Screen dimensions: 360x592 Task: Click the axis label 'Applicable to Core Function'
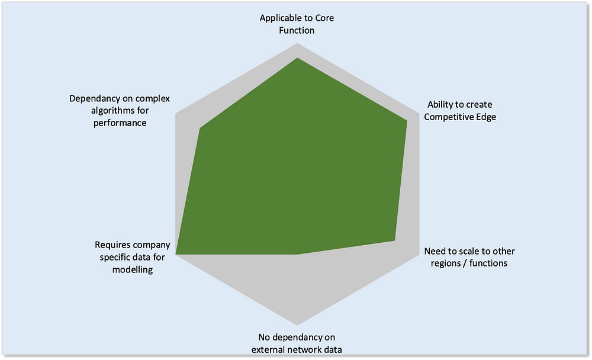[x=297, y=24]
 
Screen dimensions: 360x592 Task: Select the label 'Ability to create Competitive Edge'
[x=462, y=111]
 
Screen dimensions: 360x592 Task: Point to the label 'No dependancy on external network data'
[x=297, y=343]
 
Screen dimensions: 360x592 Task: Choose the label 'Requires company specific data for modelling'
[x=133, y=257]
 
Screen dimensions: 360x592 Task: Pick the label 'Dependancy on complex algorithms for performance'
[x=120, y=111]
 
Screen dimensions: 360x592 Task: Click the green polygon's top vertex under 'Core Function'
[x=297, y=58]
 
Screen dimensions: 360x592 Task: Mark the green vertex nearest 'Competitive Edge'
[x=407, y=121]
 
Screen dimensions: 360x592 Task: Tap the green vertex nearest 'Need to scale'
[x=395, y=240]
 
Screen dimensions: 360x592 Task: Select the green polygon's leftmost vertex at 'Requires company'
[x=176, y=255]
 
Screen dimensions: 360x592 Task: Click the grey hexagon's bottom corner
[x=297, y=325]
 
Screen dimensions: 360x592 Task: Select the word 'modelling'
[x=133, y=269]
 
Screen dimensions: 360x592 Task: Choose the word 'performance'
[x=120, y=123]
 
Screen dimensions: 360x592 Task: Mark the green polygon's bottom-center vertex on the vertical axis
[x=297, y=255]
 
